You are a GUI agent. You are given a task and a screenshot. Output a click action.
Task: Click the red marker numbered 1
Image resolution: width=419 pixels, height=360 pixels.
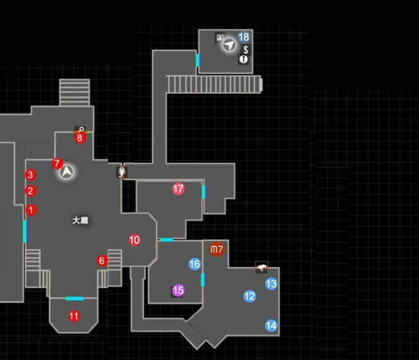[x=31, y=210]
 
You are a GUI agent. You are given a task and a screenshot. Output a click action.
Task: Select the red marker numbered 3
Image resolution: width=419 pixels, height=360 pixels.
[x=29, y=175]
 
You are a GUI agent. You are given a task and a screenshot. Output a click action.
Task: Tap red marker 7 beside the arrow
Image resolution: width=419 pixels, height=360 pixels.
[x=56, y=163]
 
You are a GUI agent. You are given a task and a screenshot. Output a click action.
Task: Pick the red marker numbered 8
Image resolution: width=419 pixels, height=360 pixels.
[x=80, y=137]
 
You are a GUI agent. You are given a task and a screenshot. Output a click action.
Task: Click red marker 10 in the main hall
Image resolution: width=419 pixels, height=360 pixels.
[x=134, y=240]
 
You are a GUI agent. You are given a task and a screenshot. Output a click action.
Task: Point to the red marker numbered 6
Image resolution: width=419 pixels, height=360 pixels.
[x=101, y=261]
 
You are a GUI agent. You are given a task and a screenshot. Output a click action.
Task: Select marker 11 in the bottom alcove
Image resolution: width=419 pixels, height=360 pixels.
[x=73, y=317]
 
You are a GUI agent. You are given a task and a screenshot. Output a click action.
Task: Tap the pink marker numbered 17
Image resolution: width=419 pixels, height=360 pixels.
[x=178, y=189]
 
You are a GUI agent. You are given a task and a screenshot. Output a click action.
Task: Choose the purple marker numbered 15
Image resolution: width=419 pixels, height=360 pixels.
[x=177, y=290]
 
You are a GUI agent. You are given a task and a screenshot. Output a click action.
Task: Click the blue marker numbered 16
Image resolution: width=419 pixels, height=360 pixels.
[x=194, y=264]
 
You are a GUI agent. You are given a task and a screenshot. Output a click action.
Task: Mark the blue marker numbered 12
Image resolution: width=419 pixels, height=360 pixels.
[x=249, y=297]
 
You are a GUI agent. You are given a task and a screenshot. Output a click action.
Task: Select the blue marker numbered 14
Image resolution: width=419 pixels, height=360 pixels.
[x=271, y=325]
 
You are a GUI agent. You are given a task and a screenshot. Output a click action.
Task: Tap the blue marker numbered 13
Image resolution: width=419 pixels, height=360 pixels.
[x=271, y=284]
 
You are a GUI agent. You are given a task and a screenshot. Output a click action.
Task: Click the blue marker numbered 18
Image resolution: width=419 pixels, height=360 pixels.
[x=244, y=37]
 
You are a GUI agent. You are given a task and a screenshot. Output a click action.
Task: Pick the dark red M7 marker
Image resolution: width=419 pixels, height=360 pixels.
[x=217, y=249]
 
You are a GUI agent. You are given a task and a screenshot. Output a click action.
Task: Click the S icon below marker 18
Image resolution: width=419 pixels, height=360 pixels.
[x=245, y=49]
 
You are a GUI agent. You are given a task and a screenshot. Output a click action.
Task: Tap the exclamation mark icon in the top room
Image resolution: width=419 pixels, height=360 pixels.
[x=244, y=60]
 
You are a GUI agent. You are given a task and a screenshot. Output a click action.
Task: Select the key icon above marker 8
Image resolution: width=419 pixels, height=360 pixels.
[x=80, y=130]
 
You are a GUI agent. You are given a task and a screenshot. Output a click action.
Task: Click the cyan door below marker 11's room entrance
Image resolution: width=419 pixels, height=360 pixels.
[x=74, y=298]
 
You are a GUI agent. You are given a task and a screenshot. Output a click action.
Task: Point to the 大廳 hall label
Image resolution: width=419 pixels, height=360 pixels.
[x=80, y=221]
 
